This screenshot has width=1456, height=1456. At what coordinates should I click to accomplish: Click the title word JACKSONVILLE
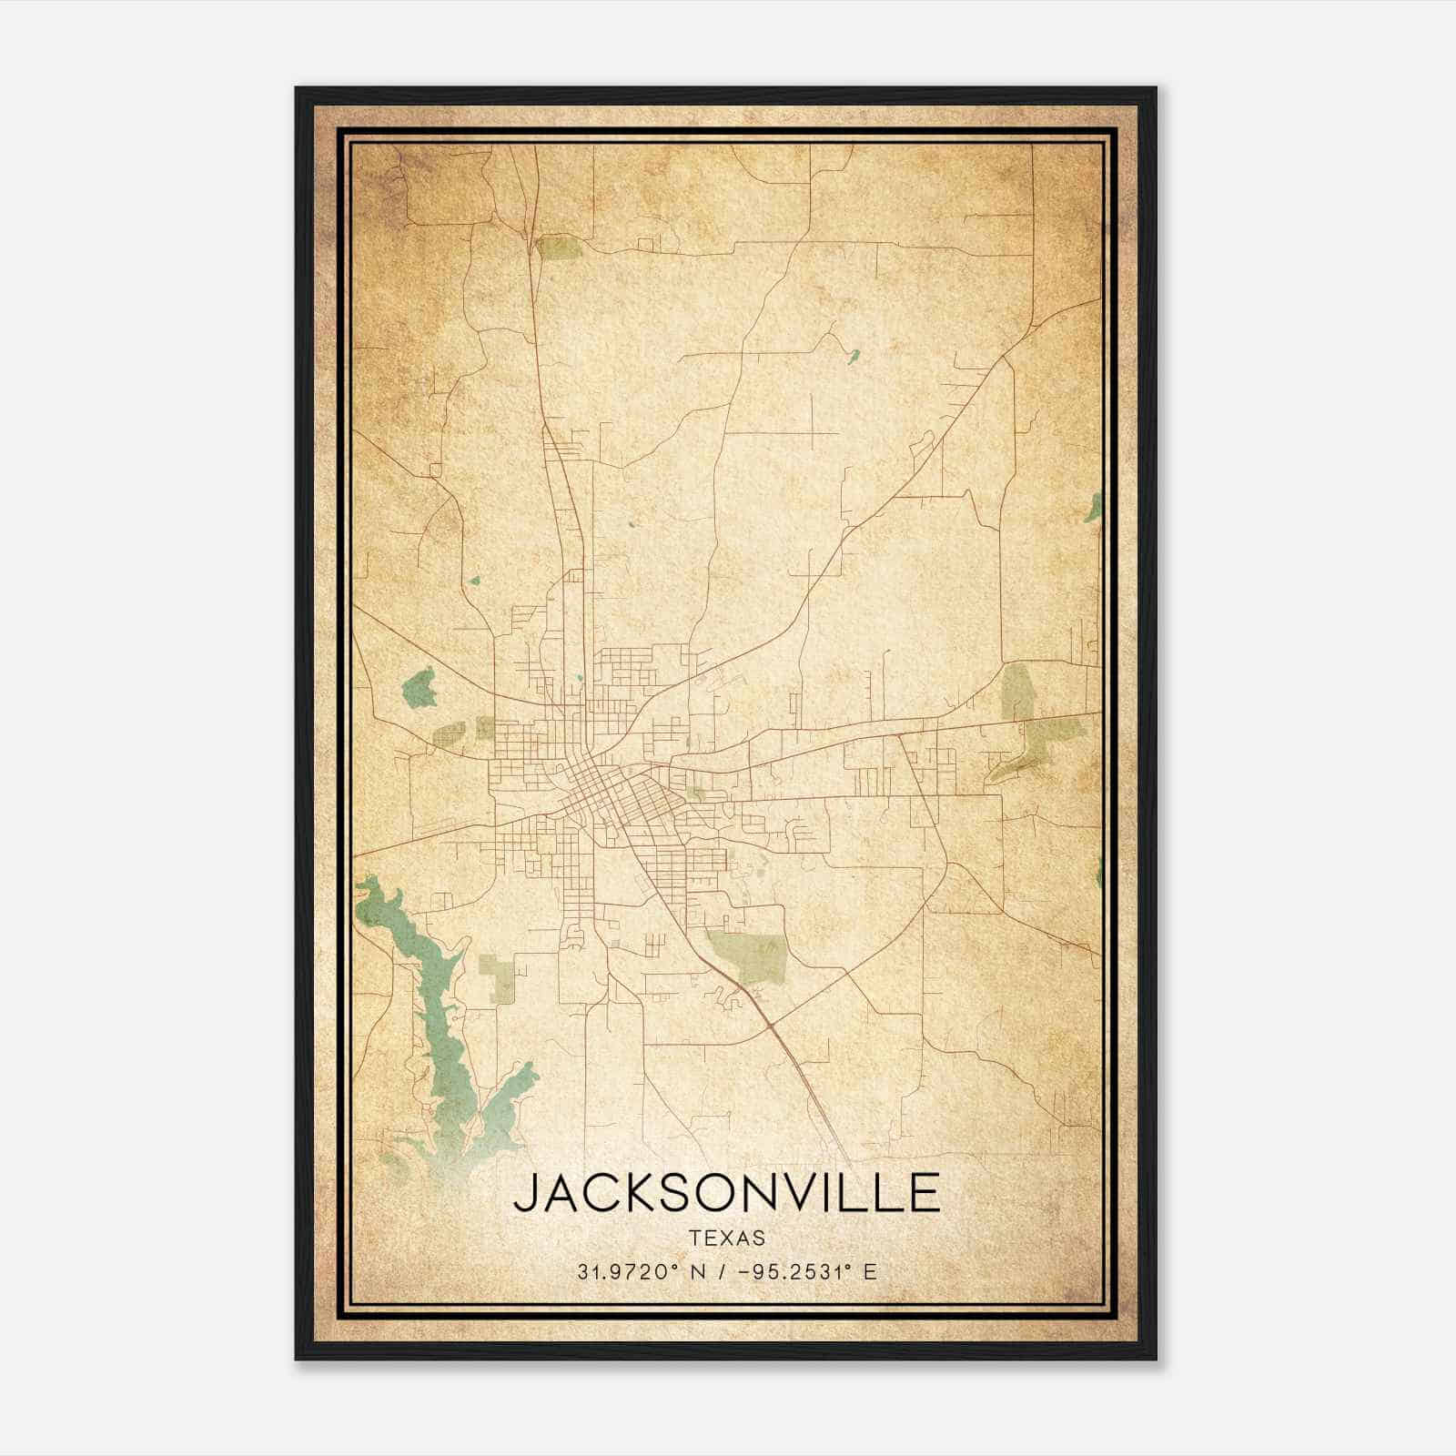(x=726, y=1193)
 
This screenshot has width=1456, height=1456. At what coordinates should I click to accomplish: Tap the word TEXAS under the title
(x=726, y=1239)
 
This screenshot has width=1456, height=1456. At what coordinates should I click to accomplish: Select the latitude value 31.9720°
(x=627, y=1271)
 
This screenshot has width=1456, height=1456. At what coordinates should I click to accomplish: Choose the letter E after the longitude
(x=870, y=1271)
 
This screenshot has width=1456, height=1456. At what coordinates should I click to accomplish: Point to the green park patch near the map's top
(x=557, y=247)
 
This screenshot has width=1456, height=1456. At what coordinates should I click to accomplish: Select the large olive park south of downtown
(x=748, y=955)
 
